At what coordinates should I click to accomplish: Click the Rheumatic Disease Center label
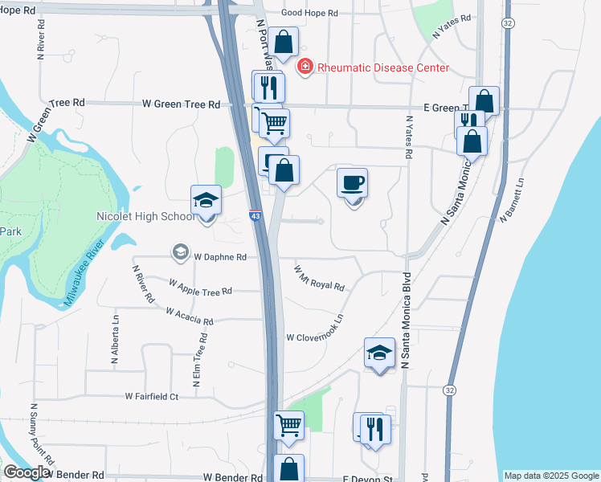382,67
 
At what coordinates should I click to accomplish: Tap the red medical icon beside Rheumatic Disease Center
305,67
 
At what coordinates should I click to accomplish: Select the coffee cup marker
352,183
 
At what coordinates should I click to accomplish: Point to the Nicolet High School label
145,217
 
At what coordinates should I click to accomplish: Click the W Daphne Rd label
219,257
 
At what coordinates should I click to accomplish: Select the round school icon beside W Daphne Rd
179,253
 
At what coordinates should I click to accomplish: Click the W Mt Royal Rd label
319,280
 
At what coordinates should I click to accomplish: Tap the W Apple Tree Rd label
200,287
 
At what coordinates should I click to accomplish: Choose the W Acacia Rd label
189,316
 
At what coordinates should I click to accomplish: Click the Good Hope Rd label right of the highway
333,14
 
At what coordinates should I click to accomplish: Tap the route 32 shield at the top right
508,24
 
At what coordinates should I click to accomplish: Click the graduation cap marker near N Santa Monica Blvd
380,353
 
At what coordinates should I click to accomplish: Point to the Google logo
26,473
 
